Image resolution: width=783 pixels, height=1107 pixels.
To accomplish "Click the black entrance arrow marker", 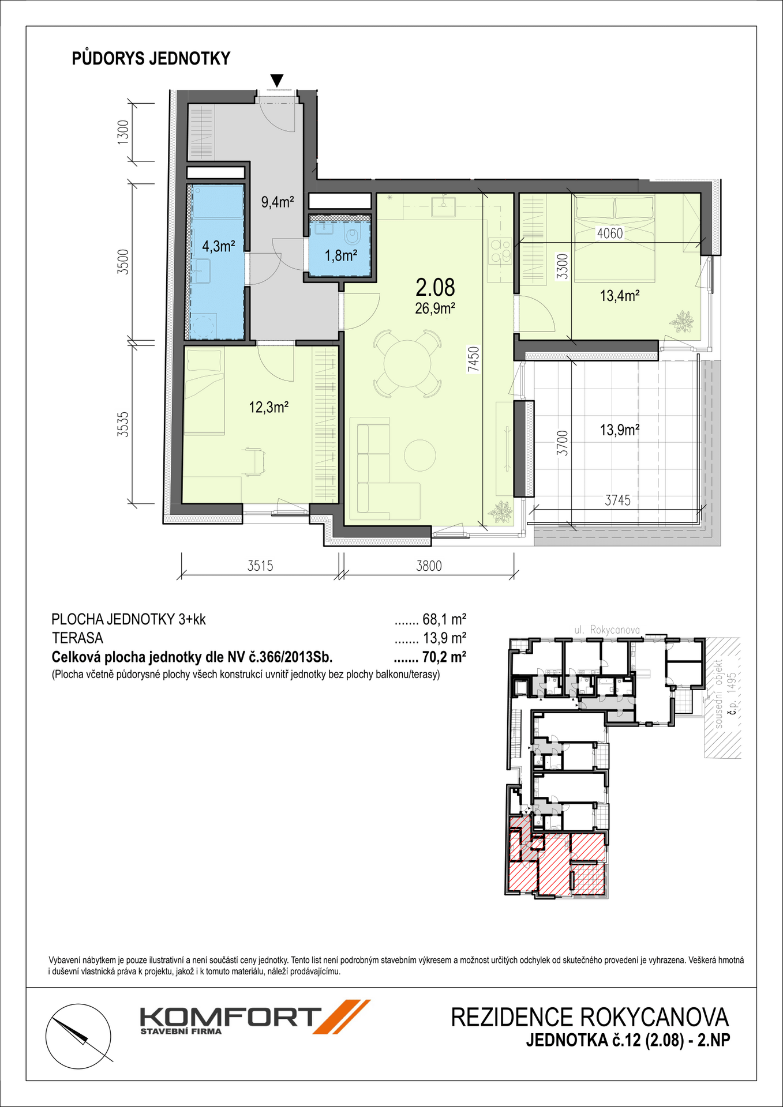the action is tap(277, 81).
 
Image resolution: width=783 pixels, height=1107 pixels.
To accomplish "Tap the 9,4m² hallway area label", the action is tap(278, 202).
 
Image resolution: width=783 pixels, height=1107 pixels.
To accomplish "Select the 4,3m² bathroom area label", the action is tap(218, 247).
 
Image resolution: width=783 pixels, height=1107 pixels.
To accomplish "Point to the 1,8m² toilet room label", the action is tap(340, 255).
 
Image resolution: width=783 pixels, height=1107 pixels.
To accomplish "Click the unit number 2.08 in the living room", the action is tap(435, 287).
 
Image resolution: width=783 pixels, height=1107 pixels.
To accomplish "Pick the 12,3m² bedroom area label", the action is tap(268, 408).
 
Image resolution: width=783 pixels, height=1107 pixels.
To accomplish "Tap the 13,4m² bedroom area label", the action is tap(620, 296).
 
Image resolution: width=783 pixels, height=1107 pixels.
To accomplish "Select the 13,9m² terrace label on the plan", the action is tap(620, 430).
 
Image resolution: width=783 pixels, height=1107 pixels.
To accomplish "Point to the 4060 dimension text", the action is tap(610, 234).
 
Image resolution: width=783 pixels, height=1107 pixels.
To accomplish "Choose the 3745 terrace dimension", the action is tap(618, 500).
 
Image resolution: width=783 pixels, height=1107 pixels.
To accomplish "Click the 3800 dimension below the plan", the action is tap(429, 566).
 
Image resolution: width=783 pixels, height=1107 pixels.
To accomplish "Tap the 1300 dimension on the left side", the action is tap(123, 133).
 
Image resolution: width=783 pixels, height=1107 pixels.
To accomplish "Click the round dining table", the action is tap(406, 363).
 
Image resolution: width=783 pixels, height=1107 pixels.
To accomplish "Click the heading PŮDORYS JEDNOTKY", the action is tap(151, 59).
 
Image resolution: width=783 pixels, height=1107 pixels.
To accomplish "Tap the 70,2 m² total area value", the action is tap(444, 657).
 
